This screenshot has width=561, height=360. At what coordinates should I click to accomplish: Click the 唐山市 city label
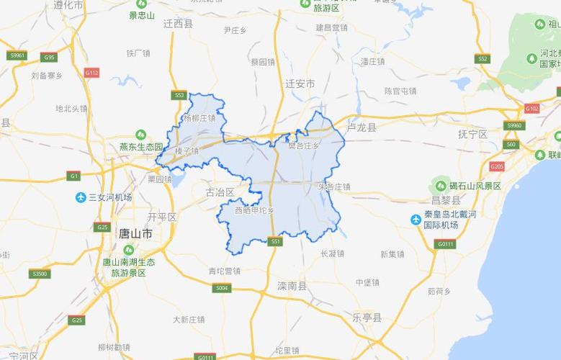[x=135, y=235]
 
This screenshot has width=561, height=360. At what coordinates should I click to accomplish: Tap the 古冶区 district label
[x=220, y=192]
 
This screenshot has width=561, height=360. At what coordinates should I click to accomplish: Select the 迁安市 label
[x=300, y=84]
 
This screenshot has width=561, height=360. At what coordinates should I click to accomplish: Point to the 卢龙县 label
[x=362, y=127]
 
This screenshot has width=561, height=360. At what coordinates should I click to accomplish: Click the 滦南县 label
[x=292, y=286]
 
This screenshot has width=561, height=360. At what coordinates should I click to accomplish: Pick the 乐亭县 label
[x=367, y=316]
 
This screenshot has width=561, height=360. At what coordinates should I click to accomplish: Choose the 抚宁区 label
[x=473, y=135]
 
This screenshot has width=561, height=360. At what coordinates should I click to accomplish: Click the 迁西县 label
[x=179, y=24]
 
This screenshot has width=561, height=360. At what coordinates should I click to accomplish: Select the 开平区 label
[x=161, y=216]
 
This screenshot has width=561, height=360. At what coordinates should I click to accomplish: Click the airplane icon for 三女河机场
[x=81, y=197]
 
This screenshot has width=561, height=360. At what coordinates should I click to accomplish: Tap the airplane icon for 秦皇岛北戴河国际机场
[x=416, y=220]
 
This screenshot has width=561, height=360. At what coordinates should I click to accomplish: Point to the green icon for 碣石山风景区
[x=434, y=185]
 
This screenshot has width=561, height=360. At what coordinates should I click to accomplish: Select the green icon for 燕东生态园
[x=140, y=135]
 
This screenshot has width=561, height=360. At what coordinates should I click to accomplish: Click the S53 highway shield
[x=179, y=94]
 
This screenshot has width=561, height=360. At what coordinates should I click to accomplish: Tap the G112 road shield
[x=91, y=73]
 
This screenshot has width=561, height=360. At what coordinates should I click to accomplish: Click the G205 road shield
[x=496, y=166]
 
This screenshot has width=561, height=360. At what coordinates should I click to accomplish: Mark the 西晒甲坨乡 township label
[x=254, y=210]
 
